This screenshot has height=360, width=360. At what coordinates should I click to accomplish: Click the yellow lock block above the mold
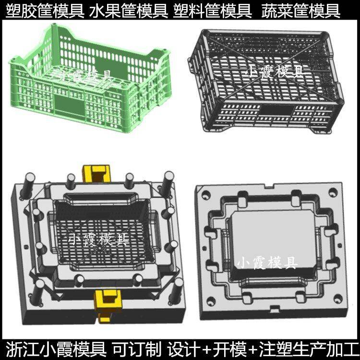[x=96, y=173]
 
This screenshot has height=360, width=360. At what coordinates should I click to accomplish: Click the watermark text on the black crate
[x=276, y=72]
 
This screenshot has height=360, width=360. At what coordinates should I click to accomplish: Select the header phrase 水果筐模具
[x=129, y=11]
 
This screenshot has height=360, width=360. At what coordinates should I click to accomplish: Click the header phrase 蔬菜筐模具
[x=301, y=11]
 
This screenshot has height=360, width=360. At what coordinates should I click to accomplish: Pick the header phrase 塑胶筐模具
[x=45, y=11]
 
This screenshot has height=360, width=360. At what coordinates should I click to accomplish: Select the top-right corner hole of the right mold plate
[x=333, y=192]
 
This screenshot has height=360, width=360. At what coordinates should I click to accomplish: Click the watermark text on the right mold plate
[x=267, y=263]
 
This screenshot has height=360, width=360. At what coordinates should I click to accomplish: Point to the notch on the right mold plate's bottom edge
[x=275, y=309]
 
